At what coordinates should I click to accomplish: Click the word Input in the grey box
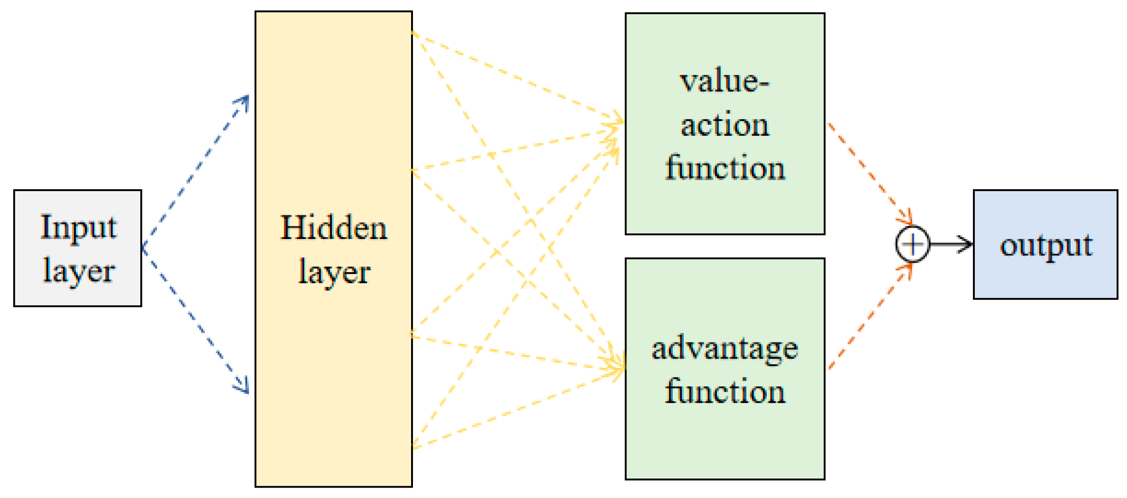tap(78, 228)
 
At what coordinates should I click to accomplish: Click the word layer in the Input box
tap(79, 272)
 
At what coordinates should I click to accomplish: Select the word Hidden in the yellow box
tap(333, 228)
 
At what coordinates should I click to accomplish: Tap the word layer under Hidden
tap(334, 273)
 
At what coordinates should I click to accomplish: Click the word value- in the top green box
tap(724, 82)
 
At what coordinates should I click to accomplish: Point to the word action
tap(724, 125)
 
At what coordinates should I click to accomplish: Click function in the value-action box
tap(724, 168)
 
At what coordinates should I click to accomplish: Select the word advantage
tap(724, 349)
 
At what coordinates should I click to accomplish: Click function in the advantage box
tap(724, 392)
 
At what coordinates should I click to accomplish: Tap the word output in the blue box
tap(1046, 246)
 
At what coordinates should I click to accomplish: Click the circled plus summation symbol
tap(912, 244)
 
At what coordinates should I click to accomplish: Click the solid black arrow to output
tap(951, 244)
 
